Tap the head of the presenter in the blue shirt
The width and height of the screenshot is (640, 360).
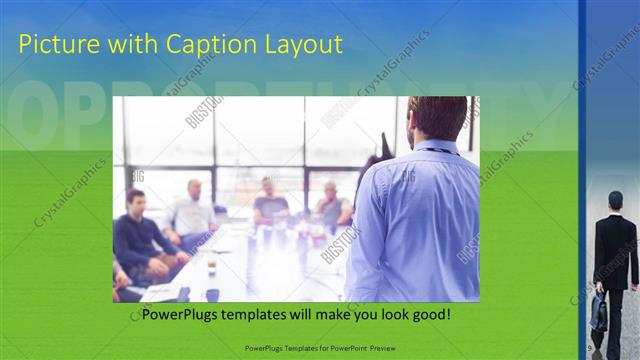438,118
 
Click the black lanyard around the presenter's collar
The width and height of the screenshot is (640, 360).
440,151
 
